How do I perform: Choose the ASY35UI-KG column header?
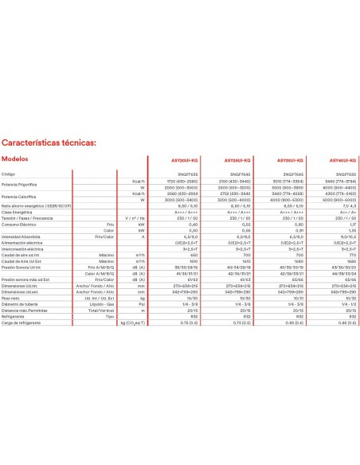click(295, 160)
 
